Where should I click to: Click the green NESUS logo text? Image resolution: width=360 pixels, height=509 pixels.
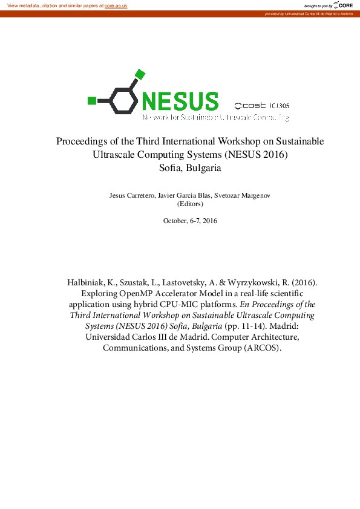(x=180, y=100)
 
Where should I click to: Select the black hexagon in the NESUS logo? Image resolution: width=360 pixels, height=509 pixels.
(x=123, y=100)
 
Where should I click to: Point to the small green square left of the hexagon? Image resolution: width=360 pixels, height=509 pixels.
(x=92, y=100)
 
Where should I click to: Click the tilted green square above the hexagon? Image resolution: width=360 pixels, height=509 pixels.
(x=140, y=74)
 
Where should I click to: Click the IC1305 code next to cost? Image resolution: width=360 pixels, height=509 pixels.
(x=280, y=105)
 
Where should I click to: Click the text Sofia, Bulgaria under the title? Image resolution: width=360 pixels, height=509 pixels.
(x=190, y=168)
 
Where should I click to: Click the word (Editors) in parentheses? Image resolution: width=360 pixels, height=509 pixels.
(x=190, y=204)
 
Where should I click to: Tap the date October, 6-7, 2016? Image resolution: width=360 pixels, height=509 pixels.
(x=190, y=221)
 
